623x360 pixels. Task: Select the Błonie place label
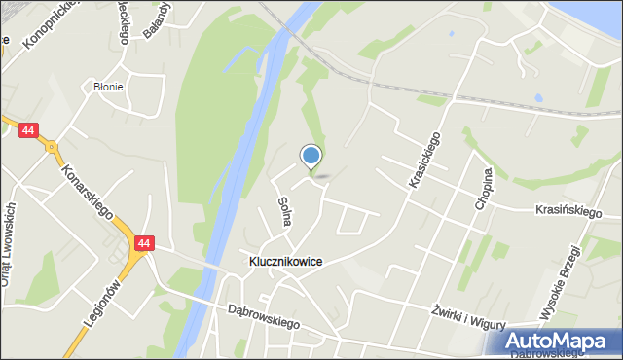point(108,87)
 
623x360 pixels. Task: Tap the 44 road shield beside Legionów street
point(144,243)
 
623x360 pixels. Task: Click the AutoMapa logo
point(559,341)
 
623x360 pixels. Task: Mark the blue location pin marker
point(311,156)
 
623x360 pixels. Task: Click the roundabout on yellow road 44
point(49,149)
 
